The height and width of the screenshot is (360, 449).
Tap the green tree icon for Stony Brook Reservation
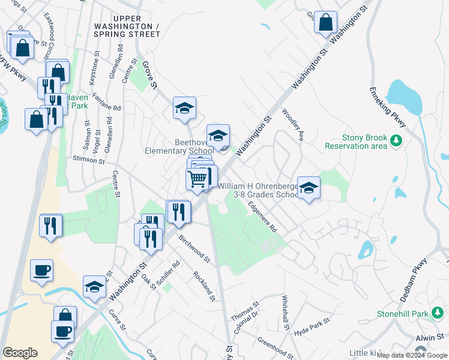point(396,141)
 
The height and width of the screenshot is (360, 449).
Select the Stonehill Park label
point(403,313)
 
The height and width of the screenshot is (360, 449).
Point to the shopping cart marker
point(197,178)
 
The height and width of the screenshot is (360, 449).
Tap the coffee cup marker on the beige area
point(41,271)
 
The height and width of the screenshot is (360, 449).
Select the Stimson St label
point(88,161)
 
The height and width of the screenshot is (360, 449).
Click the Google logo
point(20,353)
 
